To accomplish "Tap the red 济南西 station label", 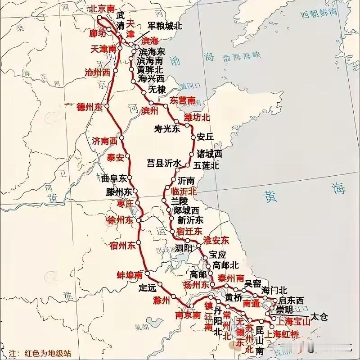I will coord(105,140).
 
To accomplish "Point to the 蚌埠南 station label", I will coord(130,275).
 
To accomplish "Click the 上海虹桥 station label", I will coord(282,334).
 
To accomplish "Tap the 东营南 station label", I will coord(183,100).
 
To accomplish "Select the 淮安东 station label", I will coord(216,239).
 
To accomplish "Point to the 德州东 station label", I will coord(90,107).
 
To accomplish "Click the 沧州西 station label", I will coord(98,72).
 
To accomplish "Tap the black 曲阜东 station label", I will coord(115,178).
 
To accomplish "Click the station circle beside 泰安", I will coord(128,156).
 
